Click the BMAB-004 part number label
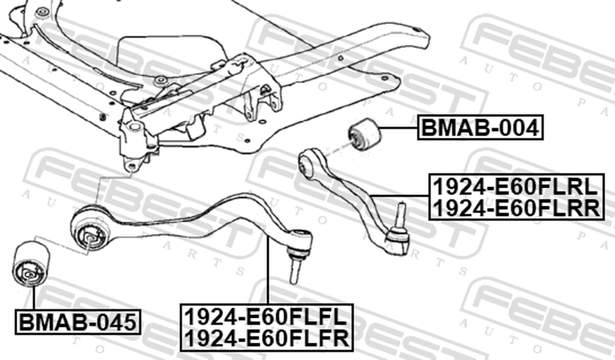(480, 127)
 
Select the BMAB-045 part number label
(78, 322)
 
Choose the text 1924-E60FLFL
(266, 316)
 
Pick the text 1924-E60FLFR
(266, 338)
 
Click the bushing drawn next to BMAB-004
(364, 134)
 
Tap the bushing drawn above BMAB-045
(31, 264)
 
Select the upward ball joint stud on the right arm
(400, 215)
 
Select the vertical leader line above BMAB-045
(34, 298)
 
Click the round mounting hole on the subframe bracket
(134, 127)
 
